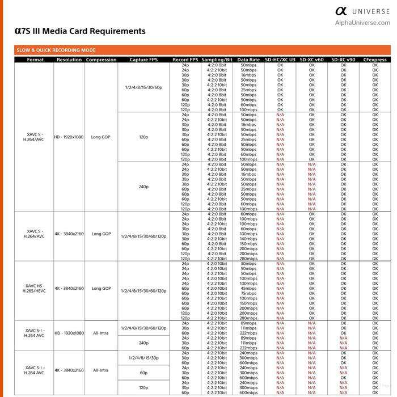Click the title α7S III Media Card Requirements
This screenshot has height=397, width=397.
click(80, 31)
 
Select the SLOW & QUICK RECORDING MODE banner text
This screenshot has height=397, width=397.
click(56, 50)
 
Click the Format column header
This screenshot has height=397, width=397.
click(35, 60)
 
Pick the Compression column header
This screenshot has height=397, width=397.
click(101, 60)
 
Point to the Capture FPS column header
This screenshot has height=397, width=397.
click(143, 60)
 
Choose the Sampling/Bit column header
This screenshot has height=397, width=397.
click(217, 60)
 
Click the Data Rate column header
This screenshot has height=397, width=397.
click(248, 60)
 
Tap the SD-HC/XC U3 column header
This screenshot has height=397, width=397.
click(280, 60)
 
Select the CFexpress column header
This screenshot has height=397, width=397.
click(374, 60)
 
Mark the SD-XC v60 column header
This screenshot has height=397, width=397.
click(311, 60)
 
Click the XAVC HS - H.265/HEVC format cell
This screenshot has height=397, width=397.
click(35, 288)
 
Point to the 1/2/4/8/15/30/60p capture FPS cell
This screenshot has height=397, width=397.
click(143, 87)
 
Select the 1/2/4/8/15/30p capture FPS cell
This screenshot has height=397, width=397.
click(143, 358)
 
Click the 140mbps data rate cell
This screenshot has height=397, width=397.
click(248, 239)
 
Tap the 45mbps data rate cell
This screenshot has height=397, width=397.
click(248, 288)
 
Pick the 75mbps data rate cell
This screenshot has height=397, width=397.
click(248, 293)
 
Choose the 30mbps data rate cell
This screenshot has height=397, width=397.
click(248, 264)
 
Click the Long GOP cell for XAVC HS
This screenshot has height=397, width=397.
click(101, 288)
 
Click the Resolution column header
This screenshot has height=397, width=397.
click(69, 60)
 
